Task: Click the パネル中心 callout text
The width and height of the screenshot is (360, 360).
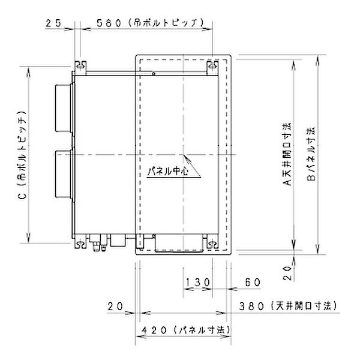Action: pos(169,171)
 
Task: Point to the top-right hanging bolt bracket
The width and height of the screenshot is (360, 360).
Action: pos(211,65)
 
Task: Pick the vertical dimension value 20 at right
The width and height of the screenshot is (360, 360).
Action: pos(287,274)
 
